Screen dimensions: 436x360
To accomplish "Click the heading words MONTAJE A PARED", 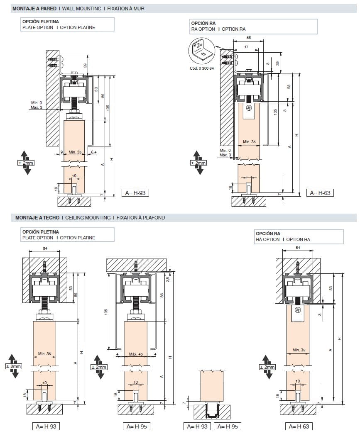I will click(x=34, y=8).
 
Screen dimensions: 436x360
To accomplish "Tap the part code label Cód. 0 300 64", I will click(x=201, y=68).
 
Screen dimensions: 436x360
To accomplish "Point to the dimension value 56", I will click(x=248, y=37).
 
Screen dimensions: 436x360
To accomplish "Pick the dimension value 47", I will click(x=246, y=48).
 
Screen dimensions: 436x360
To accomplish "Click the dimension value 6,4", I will click(x=93, y=152).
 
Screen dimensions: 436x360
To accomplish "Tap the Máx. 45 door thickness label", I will click(x=136, y=354).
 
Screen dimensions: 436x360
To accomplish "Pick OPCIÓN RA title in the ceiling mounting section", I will click(x=268, y=234).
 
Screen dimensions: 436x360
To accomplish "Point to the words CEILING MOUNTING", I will click(x=88, y=217).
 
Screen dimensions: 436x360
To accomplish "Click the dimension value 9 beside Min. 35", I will click(x=61, y=152).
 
